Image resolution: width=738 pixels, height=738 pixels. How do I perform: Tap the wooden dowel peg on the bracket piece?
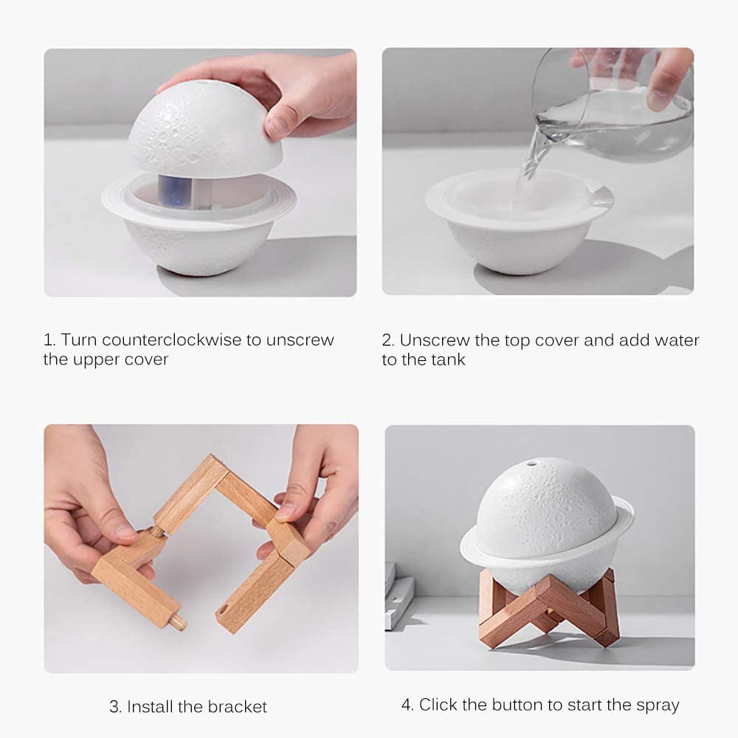177,622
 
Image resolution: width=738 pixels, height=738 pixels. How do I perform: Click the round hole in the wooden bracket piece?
222,612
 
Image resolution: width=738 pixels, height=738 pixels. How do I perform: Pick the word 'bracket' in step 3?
237,706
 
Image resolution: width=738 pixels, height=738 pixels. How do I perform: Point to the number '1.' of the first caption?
49,340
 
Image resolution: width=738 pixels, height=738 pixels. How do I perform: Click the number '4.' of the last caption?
408,705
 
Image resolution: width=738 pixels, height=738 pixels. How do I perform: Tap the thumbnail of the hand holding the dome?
200,172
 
